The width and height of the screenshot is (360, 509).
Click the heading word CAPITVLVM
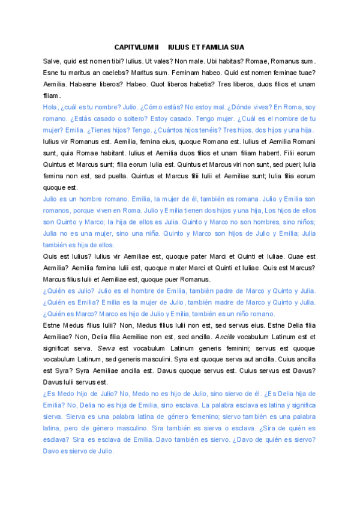(134, 46)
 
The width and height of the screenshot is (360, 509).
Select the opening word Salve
(52, 61)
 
